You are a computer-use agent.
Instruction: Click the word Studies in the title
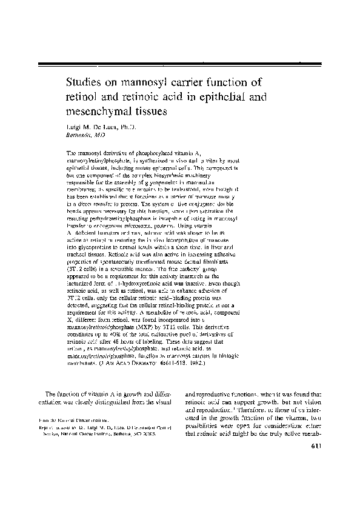[x=86, y=82]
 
